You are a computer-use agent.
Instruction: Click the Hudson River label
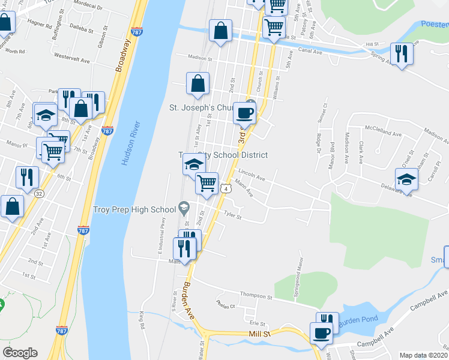click(x=130, y=144)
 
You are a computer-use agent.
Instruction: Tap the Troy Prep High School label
click(x=134, y=209)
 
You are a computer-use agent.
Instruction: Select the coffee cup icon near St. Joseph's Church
click(x=244, y=112)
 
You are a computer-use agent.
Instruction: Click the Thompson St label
click(x=256, y=296)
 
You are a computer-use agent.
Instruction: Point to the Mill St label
click(x=261, y=334)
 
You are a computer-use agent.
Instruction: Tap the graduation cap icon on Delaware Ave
click(x=406, y=179)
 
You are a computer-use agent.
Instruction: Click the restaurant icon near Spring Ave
click(x=402, y=54)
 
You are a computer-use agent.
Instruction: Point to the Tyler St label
click(x=232, y=213)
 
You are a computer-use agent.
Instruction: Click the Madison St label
click(x=200, y=59)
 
